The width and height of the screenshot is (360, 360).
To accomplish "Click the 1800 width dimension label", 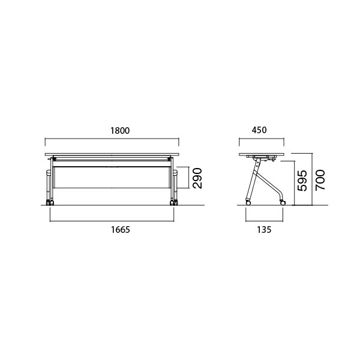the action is pyautogui.click(x=120, y=131).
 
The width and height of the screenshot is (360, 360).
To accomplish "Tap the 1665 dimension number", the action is pyautogui.click(x=121, y=230).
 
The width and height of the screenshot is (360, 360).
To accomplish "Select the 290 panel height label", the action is pyautogui.click(x=197, y=178).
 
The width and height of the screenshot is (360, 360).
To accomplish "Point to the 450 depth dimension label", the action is pyautogui.click(x=259, y=130).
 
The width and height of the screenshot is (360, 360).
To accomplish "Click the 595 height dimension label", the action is pyautogui.click(x=302, y=181).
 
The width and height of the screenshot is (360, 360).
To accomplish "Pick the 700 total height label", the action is pyautogui.click(x=320, y=180).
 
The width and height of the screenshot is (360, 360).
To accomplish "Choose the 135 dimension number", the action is pyautogui.click(x=264, y=230).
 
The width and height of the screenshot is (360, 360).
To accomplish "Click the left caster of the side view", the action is pyautogui.click(x=248, y=203).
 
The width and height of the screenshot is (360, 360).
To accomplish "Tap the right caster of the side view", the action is pyautogui.click(x=283, y=203).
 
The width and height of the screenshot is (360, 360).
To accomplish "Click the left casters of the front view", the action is pyautogui.click(x=50, y=203).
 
